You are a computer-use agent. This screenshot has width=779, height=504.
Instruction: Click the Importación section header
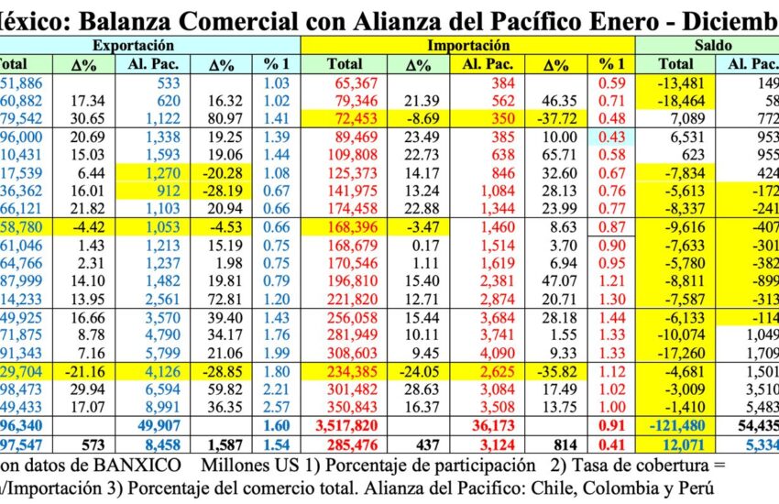pyautogui.click(x=468, y=44)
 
